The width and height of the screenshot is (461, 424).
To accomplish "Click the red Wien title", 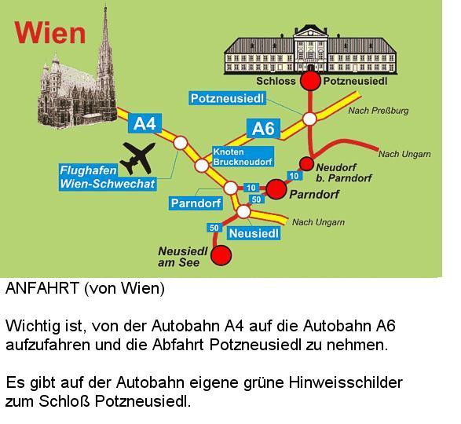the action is click(50, 33).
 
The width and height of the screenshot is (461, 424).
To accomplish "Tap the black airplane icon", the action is click(137, 157).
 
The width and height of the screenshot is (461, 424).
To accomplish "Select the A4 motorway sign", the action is click(145, 123).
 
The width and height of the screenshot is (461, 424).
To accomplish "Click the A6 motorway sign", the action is click(263, 129).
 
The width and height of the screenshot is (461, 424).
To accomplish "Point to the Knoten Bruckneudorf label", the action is click(243, 157).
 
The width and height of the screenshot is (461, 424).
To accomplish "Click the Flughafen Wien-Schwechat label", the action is click(108, 177).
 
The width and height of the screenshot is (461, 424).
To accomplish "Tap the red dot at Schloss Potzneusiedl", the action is click(310, 81).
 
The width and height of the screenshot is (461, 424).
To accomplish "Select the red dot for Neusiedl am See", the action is click(221, 255).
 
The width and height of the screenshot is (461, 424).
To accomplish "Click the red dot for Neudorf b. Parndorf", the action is click(306, 164).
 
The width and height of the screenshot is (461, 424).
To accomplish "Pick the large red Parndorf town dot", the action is click(276, 189).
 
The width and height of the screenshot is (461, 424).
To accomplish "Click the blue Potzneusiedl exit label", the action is click(227, 98).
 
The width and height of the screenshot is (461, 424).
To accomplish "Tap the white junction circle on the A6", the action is click(309, 119).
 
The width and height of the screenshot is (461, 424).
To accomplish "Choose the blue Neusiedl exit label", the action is click(254, 233).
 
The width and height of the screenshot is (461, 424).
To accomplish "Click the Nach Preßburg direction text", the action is click(379, 111).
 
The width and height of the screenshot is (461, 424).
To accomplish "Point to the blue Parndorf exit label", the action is click(196, 203).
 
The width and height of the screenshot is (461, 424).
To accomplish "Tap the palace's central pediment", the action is click(310, 31).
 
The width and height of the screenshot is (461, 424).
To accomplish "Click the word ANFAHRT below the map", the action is click(42, 288).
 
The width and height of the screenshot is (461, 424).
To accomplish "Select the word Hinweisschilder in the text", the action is click(346, 382).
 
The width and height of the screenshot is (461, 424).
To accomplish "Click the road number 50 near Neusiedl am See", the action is click(214, 228).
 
